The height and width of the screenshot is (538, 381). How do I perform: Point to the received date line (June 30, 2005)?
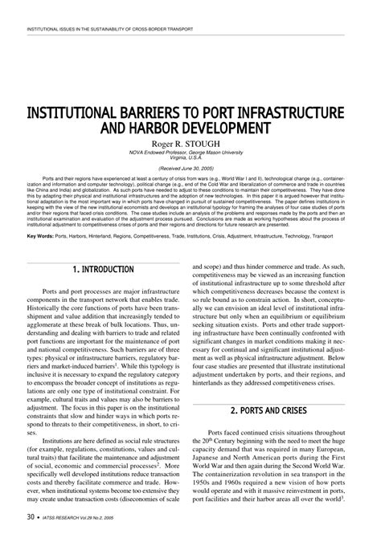point(190,170)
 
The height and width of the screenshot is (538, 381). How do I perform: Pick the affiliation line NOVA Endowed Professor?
point(190,151)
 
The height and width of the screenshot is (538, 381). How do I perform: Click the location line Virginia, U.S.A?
point(190,157)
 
